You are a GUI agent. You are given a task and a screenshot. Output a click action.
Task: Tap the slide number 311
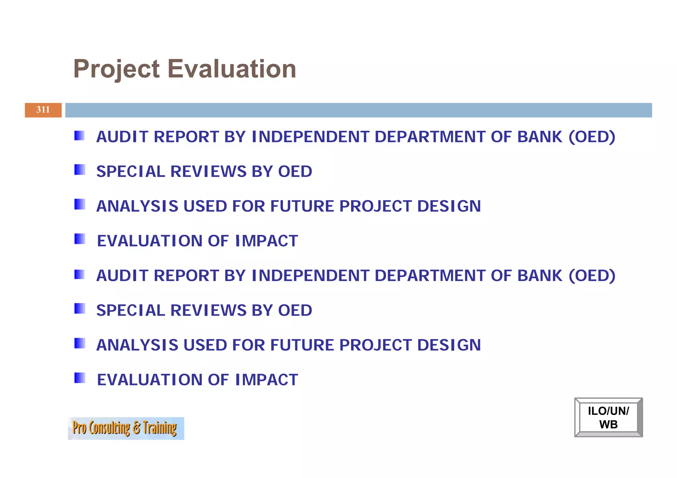[x=43, y=110]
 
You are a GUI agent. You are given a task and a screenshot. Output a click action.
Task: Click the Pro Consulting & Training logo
[x=126, y=428]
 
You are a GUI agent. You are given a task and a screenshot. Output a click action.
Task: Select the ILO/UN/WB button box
[x=608, y=418]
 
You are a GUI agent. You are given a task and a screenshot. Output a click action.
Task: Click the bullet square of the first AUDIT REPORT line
[x=79, y=136]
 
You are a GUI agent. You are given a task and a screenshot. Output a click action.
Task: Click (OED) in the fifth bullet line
[x=592, y=276]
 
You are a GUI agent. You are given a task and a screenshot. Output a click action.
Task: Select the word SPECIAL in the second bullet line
[x=130, y=171]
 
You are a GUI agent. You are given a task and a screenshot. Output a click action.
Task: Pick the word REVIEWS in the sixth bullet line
[x=208, y=311]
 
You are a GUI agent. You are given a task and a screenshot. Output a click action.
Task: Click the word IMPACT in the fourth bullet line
[x=266, y=241]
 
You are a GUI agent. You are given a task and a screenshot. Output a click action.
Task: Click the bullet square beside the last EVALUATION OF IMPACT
[x=80, y=378]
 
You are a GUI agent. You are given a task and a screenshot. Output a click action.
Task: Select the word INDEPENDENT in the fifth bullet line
[x=310, y=276]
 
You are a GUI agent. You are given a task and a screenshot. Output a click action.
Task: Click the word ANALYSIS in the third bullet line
[x=137, y=206]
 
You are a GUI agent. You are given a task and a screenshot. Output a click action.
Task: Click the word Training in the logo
[x=160, y=428]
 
